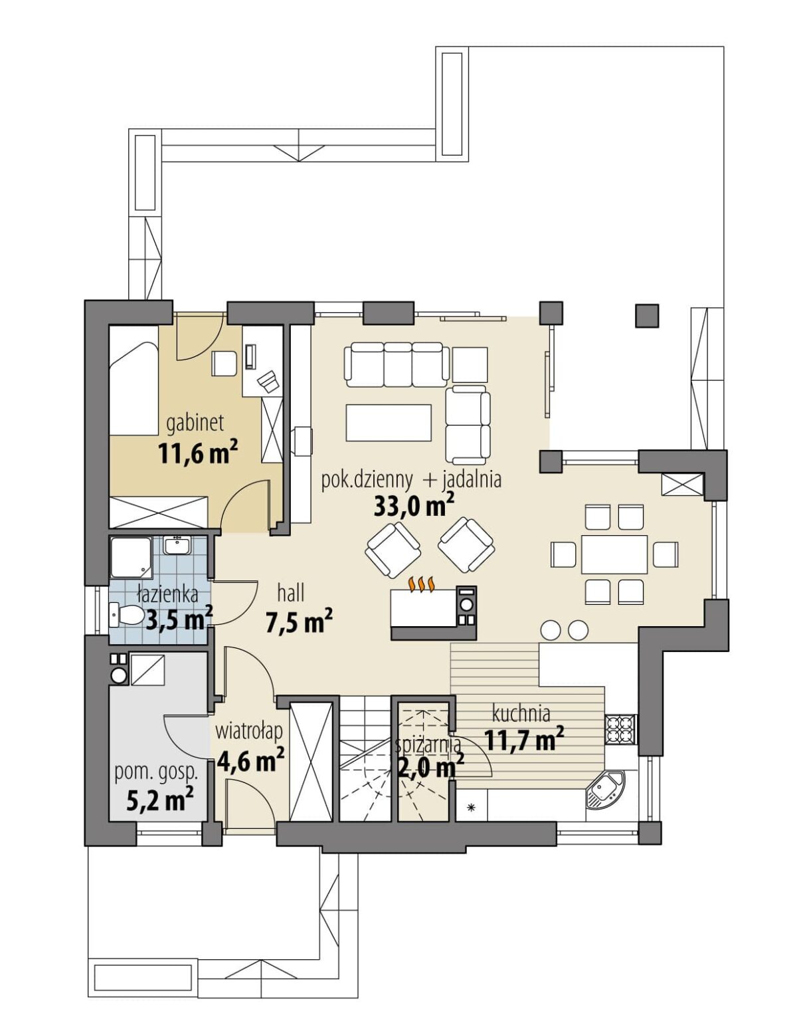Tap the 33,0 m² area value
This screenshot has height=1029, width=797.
point(414,505)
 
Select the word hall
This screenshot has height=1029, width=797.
point(290,593)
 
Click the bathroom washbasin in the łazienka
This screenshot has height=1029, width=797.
point(177,545)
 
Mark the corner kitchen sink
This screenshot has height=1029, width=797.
point(606,790)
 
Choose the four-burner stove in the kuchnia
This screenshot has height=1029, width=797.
point(620,729)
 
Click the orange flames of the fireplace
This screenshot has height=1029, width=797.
point(421,584)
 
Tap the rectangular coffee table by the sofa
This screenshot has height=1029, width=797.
point(389,422)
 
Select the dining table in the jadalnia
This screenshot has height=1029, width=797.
point(614,554)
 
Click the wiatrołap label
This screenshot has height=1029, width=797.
point(249,731)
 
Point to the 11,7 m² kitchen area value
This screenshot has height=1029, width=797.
point(523,740)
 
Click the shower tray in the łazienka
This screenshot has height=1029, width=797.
point(131,558)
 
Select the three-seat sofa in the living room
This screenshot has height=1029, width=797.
point(397,364)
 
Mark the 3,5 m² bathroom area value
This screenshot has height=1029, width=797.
point(179,620)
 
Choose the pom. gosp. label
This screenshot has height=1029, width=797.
point(156,773)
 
